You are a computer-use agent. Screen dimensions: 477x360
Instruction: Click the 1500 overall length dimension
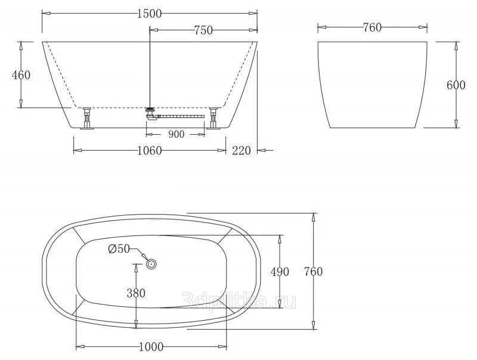pos(149,14)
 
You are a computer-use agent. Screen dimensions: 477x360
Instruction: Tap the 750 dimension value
pos(203,30)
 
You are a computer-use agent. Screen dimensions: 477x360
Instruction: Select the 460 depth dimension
pos(21,75)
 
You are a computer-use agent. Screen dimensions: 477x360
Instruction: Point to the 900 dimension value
pos(176,134)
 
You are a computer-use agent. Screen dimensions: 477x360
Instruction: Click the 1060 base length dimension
pos(150,151)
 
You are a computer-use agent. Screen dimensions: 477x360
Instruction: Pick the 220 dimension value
pos(241,151)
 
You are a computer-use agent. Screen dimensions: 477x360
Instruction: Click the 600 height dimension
pos(456,85)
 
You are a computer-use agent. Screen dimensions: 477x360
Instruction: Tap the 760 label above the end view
pos(372,27)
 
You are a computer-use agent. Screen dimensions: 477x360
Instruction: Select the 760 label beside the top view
pos(314,271)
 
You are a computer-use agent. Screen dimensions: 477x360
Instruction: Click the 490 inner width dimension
pos(280,272)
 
